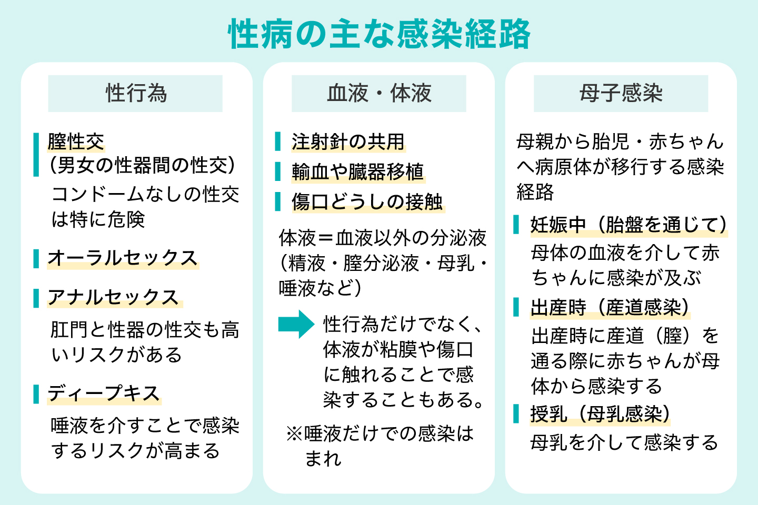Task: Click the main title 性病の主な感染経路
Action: click(x=379, y=34)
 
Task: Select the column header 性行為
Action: click(x=136, y=93)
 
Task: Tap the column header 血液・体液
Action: click(x=379, y=93)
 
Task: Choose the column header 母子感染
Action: click(x=621, y=93)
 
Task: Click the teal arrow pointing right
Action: click(x=296, y=324)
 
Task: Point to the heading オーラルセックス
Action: click(x=123, y=258)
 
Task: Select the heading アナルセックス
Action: click(x=113, y=297)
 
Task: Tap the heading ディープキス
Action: click(x=104, y=393)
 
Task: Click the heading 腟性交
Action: click(x=76, y=141)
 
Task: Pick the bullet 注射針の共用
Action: click(x=348, y=142)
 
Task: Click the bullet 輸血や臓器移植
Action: click(x=357, y=171)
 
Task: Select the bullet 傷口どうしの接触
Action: click(x=367, y=201)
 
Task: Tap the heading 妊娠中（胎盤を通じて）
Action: click(x=629, y=225)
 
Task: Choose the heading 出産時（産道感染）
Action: click(x=610, y=307)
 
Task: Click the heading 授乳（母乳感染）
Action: click(x=600, y=414)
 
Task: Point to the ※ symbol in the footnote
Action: click(x=294, y=434)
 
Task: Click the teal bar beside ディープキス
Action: click(x=36, y=393)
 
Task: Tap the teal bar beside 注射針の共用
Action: click(x=278, y=142)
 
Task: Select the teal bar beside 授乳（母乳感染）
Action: click(x=516, y=414)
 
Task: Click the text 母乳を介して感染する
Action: click(x=624, y=442)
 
